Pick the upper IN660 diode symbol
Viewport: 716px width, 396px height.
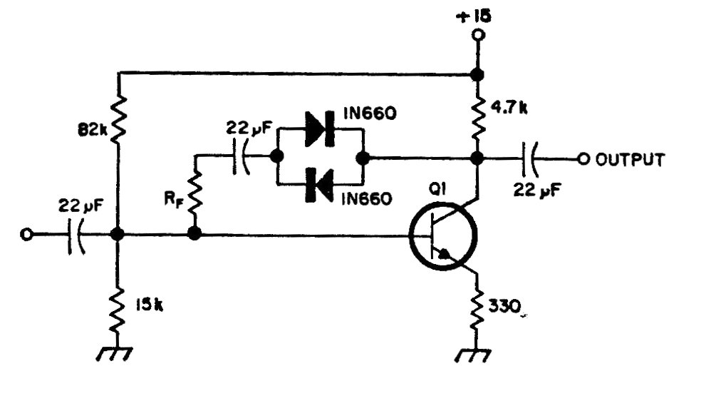coord(319,131)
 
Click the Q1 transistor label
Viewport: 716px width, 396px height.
coord(439,190)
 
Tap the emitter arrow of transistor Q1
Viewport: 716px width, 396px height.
coord(445,253)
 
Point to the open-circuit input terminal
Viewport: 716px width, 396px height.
coord(27,235)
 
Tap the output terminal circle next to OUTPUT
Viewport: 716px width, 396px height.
coord(583,158)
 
